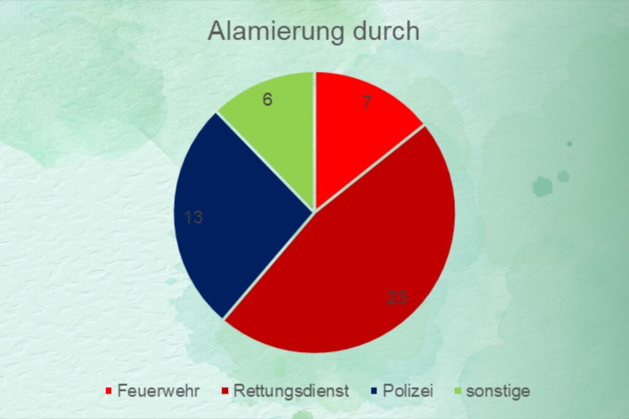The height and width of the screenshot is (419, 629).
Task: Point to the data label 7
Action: click(x=367, y=102)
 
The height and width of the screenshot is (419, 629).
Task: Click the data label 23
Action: click(x=397, y=298)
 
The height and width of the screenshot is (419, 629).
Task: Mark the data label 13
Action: click(x=193, y=217)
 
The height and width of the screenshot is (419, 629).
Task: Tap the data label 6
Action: click(x=268, y=99)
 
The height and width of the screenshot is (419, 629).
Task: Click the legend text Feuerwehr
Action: click(x=158, y=391)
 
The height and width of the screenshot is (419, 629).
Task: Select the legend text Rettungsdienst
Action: click(x=291, y=391)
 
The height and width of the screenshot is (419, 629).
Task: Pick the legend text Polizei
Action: click(x=408, y=391)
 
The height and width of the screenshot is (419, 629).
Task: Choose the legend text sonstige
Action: click(x=498, y=391)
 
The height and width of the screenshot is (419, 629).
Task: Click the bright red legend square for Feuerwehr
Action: click(x=108, y=391)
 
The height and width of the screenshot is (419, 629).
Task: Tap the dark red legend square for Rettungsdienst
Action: click(x=225, y=391)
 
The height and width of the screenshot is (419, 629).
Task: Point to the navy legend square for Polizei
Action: click(x=374, y=391)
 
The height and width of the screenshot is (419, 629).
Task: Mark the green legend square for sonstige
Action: click(x=457, y=391)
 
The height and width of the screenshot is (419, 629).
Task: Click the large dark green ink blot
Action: click(x=542, y=186)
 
